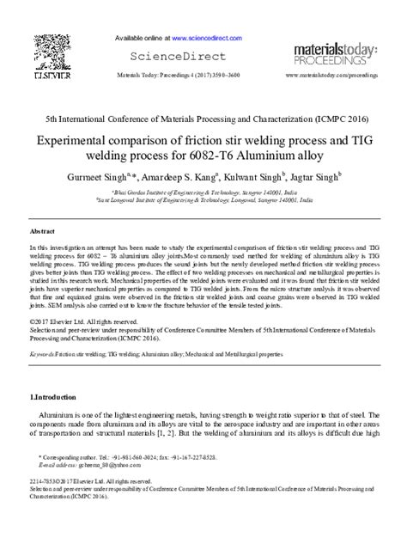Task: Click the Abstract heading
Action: click(43, 232)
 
